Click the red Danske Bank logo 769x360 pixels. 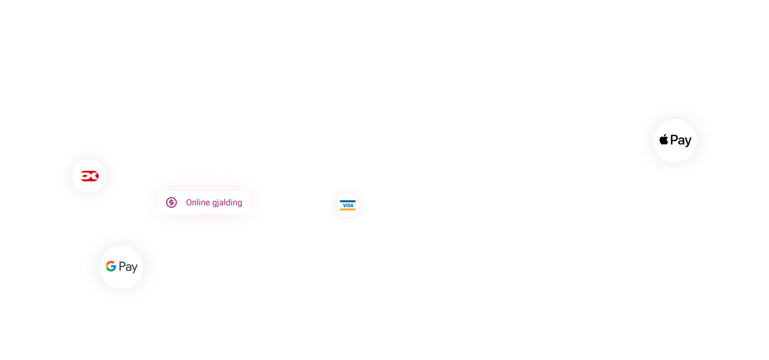pyautogui.click(x=89, y=176)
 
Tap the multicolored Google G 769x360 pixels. pyautogui.click(x=111, y=267)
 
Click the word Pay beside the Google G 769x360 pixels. pyautogui.click(x=128, y=267)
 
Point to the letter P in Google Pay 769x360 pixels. pyautogui.click(x=122, y=267)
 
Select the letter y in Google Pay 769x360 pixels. pyautogui.click(x=135, y=268)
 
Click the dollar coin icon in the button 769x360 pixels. pyautogui.click(x=171, y=202)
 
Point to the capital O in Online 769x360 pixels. pyautogui.click(x=189, y=202)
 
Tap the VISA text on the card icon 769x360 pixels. pyautogui.click(x=348, y=205)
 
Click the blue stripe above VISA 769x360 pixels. pyautogui.click(x=348, y=201)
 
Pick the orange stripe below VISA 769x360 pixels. pyautogui.click(x=348, y=209)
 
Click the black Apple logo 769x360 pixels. pyautogui.click(x=664, y=140)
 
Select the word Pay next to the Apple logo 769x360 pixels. pyautogui.click(x=681, y=140)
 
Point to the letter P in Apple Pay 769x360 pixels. pyautogui.click(x=674, y=140)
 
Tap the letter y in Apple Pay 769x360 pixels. pyautogui.click(x=688, y=142)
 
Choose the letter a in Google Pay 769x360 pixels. pyautogui.click(x=129, y=268)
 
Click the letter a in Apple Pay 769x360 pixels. pyautogui.click(x=681, y=142)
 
